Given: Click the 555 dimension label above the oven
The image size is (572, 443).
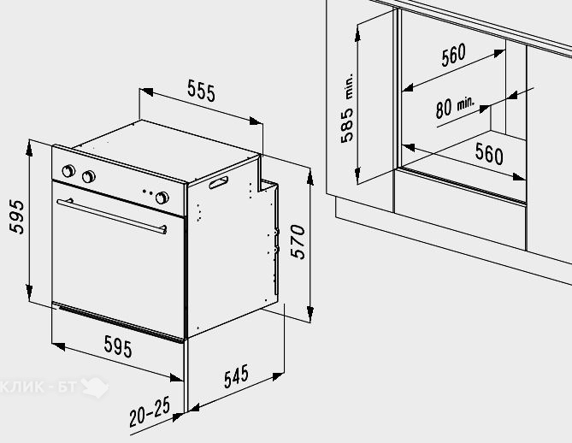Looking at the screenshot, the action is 202,91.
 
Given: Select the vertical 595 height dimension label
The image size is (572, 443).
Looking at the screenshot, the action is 17,216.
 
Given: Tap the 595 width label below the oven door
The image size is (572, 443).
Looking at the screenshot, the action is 118,346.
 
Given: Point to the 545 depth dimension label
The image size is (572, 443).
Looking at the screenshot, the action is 236,375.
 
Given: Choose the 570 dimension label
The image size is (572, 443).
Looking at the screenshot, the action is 298,241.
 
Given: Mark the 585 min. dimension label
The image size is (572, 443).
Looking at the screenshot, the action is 347,108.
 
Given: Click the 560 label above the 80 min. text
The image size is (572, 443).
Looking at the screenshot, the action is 453,55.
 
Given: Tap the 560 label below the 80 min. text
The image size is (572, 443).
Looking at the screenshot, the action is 489,153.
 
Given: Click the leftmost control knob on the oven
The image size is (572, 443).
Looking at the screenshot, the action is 68,170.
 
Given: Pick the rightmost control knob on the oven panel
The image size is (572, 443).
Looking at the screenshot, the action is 162,198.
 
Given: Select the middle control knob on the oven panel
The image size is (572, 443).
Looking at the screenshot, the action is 89,176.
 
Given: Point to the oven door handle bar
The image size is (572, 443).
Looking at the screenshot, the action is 112,216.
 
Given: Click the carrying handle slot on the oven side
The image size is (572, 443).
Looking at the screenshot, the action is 219,182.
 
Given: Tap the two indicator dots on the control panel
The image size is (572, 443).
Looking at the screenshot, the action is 147,192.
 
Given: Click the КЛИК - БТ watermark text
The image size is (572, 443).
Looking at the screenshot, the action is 38,387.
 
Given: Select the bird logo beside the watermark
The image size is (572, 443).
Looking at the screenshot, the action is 95,387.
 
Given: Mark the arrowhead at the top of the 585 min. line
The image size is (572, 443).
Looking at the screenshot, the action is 357,33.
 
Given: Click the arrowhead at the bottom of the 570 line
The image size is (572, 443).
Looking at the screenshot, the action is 310,314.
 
